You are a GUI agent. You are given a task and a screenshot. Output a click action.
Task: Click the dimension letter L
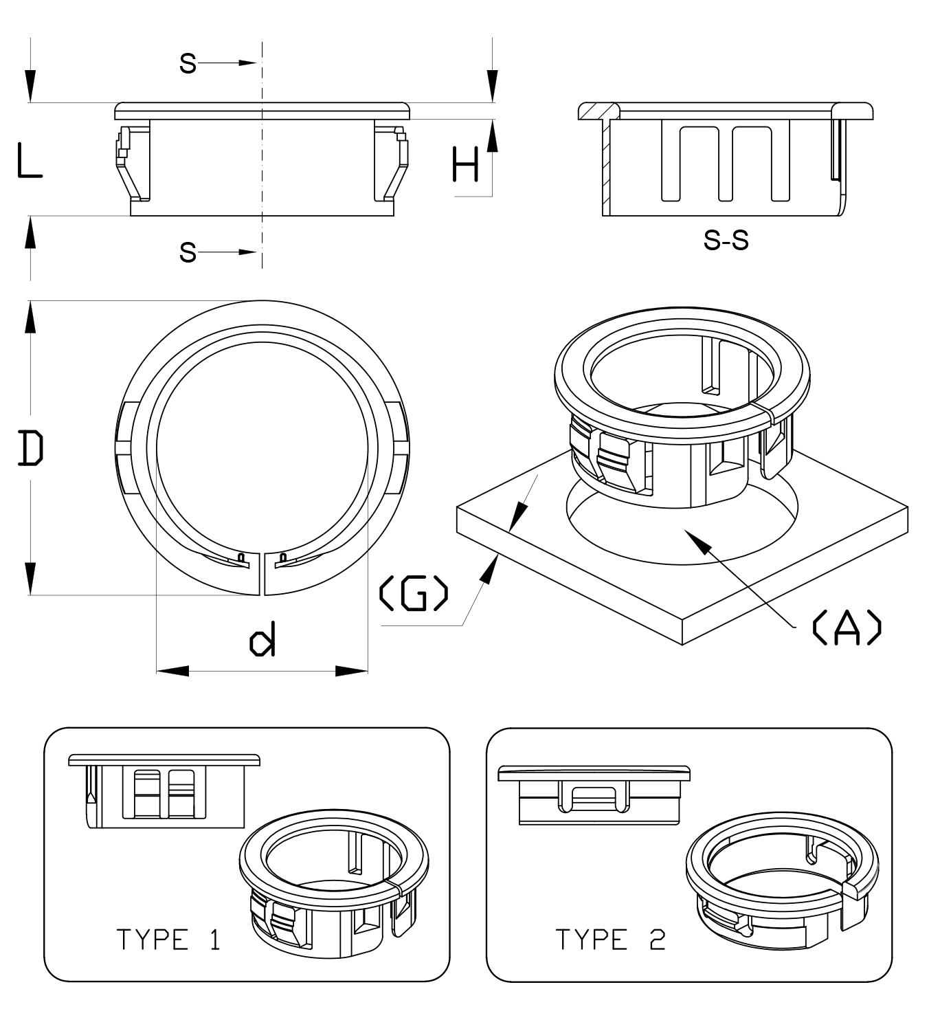point(29,161)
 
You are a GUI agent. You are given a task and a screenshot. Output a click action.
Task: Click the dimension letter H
point(465,165)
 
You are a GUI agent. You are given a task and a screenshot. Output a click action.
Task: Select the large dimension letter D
point(31,447)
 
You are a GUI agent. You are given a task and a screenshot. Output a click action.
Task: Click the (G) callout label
point(414,594)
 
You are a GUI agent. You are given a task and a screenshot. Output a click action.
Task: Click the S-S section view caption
point(726,241)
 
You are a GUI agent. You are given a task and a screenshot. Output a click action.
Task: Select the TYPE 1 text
point(168,940)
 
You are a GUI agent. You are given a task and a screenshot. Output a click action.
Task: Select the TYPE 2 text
point(610,940)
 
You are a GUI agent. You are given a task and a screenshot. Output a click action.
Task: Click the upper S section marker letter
point(188,63)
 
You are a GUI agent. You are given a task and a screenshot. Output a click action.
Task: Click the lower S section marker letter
point(188,252)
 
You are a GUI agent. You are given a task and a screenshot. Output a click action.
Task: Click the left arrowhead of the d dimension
point(172,671)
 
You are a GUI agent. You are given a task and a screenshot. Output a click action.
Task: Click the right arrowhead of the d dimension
point(352,671)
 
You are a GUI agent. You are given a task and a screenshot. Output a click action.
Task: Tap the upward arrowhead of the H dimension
point(492,134)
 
